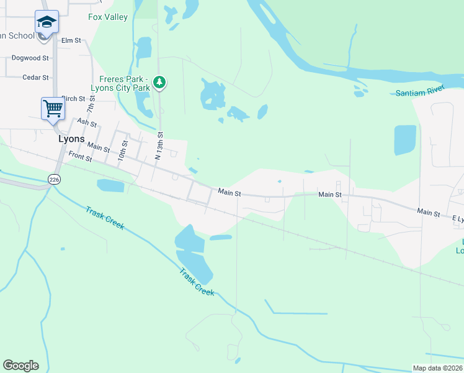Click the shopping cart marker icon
point(53,109)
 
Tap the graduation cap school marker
point(47,22)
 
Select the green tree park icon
point(160,81)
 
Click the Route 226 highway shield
point(54,179)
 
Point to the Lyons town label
point(71,139)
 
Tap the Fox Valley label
point(108,17)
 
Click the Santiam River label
point(420,93)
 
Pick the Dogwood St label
point(30,58)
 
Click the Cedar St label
point(35,78)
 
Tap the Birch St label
point(73,99)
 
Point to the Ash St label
point(86,123)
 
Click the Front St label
point(80,158)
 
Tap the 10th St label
point(123,150)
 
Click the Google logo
point(20,366)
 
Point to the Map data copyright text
point(438,368)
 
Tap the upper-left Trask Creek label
point(105,218)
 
